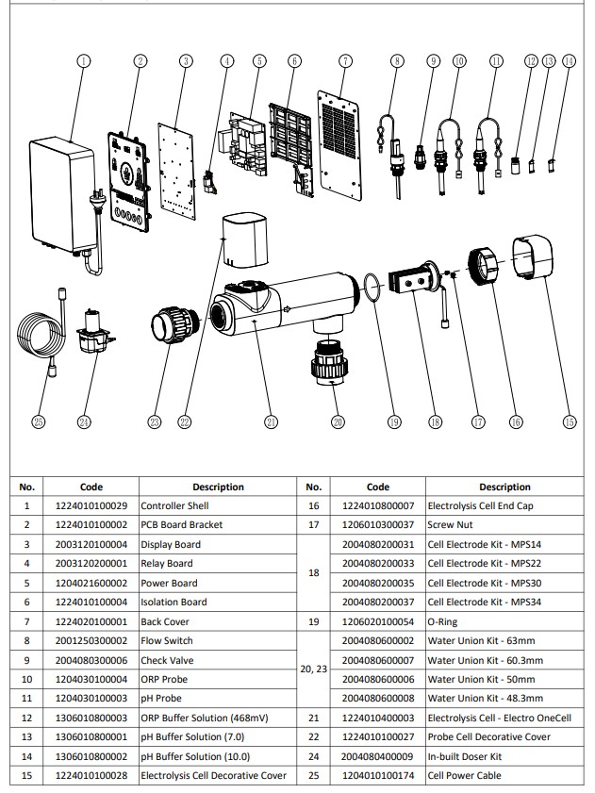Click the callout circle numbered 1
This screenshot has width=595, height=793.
pyautogui.click(x=84, y=61)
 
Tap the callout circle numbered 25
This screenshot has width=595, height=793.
pyautogui.click(x=38, y=422)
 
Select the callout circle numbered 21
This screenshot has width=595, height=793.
pyautogui.click(x=271, y=422)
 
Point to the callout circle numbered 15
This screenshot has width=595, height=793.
pyautogui.click(x=569, y=422)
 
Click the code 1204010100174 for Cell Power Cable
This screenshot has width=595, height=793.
pyautogui.click(x=377, y=776)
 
